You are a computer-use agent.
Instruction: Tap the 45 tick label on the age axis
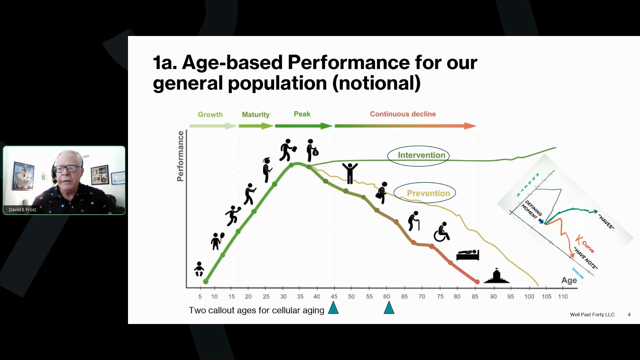[x=334, y=296]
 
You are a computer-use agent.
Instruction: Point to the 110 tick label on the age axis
[x=563, y=296]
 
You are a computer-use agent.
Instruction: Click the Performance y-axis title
[x=180, y=156]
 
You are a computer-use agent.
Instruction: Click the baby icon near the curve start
[x=199, y=269]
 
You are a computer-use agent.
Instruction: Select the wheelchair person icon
[x=442, y=232]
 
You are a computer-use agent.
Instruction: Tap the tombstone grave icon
[x=497, y=276]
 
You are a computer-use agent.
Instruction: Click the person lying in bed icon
[x=468, y=255]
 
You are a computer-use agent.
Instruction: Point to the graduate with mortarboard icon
[x=267, y=170]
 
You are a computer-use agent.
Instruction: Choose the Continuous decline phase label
[x=403, y=114]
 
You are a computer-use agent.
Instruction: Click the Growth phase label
[x=210, y=115]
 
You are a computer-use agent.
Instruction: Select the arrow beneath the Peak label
[x=304, y=126]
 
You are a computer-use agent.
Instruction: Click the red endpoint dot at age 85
[x=477, y=282]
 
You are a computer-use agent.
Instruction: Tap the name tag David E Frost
[x=23, y=210]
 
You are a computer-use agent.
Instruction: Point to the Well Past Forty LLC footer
[x=592, y=315]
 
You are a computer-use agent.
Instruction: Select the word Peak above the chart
[x=302, y=114]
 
